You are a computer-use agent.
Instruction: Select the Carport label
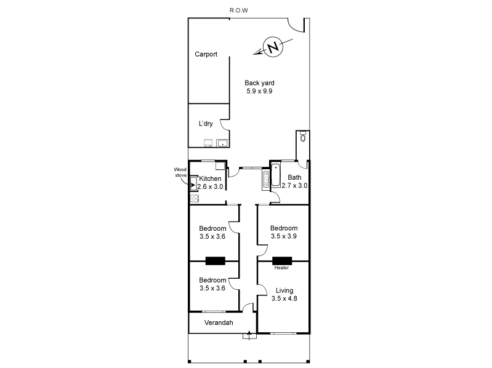tap(206, 54)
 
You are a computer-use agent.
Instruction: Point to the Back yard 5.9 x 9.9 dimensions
tap(259, 91)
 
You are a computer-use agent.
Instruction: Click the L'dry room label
tap(205, 124)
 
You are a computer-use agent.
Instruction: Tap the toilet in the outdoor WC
tap(302, 138)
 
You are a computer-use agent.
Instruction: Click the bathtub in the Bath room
tap(275, 176)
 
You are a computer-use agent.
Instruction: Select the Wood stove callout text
tap(180, 172)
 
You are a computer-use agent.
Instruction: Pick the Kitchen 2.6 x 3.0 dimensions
tap(210, 186)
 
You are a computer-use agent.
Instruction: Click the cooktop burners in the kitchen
tap(195, 199)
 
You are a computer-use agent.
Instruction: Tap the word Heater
tap(281, 268)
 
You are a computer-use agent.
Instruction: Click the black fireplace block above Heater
tap(281, 260)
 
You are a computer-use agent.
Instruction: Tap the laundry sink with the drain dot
tap(222, 144)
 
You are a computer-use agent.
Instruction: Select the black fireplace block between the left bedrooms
tap(216, 260)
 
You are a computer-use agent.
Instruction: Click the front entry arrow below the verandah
tap(249, 335)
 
